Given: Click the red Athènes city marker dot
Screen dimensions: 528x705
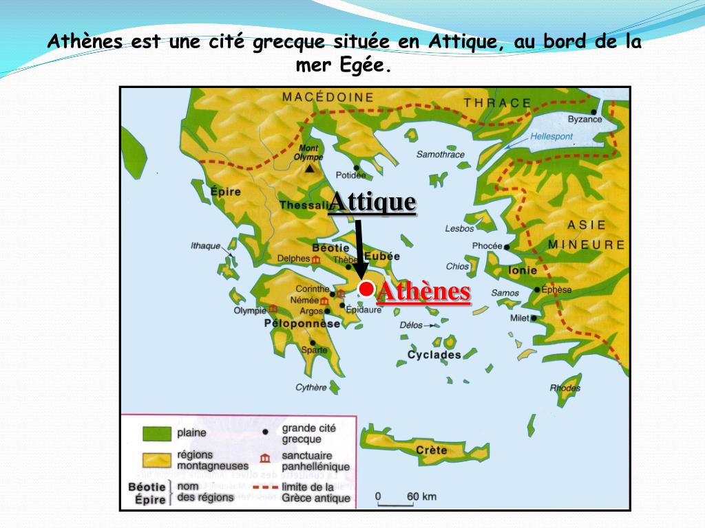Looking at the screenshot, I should (x=366, y=289).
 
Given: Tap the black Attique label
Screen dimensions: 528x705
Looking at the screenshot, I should (x=372, y=202).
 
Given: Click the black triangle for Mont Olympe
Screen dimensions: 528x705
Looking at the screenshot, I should (x=311, y=167).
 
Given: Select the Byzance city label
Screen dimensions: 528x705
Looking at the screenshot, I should (x=585, y=120).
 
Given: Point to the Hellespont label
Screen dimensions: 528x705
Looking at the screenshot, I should (x=551, y=137).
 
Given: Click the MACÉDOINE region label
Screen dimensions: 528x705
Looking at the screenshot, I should (x=328, y=98).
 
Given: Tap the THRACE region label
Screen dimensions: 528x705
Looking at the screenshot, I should (x=497, y=103).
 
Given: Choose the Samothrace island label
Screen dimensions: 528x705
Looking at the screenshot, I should (x=441, y=155).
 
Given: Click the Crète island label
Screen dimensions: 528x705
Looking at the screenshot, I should (x=431, y=450).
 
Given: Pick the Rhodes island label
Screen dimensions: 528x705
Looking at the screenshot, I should (x=565, y=388).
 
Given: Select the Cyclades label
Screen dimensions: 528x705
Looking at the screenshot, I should (x=434, y=355).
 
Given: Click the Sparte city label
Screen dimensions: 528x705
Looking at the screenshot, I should (x=315, y=350).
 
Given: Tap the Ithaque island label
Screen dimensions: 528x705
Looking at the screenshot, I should (x=205, y=246).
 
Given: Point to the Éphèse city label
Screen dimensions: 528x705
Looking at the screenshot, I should (x=556, y=290).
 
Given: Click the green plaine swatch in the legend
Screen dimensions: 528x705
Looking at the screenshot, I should (x=156, y=434).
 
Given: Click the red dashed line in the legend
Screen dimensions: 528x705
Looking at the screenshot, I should (x=265, y=487).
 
